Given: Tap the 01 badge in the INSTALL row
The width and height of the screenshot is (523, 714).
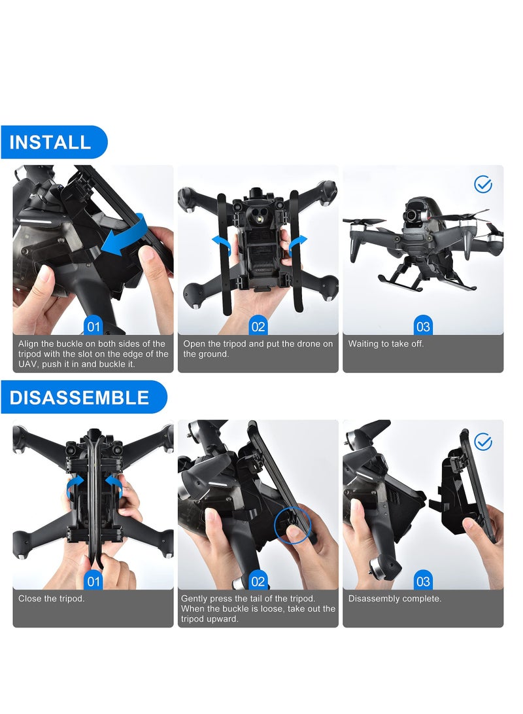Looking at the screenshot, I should pyautogui.click(x=93, y=326).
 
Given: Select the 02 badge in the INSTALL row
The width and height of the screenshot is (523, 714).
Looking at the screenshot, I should pyautogui.click(x=258, y=326).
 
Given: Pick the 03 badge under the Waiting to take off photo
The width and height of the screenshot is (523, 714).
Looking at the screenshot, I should pyautogui.click(x=423, y=326).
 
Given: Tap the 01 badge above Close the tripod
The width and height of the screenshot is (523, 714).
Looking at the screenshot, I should pyautogui.click(x=93, y=580).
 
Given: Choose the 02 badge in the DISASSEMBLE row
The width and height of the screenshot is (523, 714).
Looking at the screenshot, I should pyautogui.click(x=258, y=580).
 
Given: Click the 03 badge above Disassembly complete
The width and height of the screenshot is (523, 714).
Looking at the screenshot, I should pyautogui.click(x=423, y=580).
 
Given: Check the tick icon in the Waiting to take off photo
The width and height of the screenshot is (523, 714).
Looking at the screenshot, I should pyautogui.click(x=482, y=185).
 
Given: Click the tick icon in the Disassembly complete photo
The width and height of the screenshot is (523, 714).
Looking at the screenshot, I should pyautogui.click(x=482, y=442).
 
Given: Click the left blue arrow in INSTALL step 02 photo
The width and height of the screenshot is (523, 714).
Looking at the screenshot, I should pyautogui.click(x=222, y=243).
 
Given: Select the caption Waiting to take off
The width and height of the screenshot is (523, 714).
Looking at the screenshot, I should pyautogui.click(x=386, y=344).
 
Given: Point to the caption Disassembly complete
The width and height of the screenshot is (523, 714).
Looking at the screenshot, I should pyautogui.click(x=394, y=598).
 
